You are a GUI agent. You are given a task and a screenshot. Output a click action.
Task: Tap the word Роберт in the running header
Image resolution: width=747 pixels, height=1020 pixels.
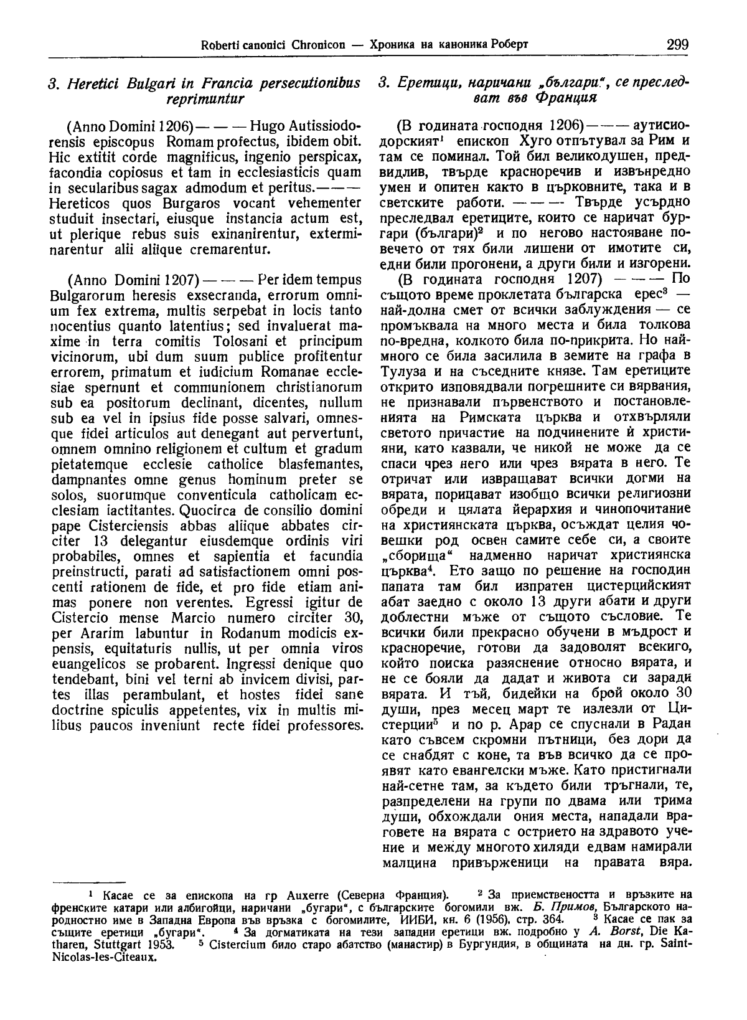(509, 45)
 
